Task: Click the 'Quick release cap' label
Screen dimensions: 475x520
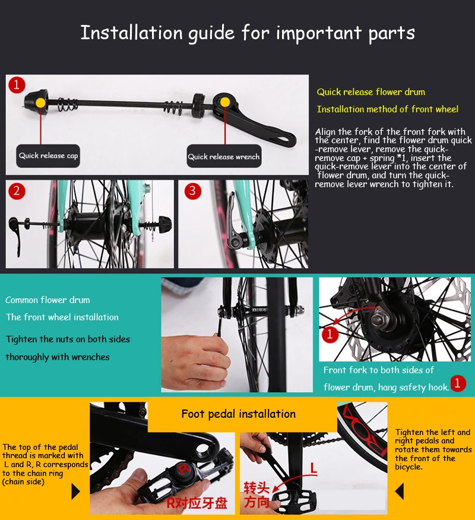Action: click(x=48, y=156)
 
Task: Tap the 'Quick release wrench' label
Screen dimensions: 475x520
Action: click(x=224, y=157)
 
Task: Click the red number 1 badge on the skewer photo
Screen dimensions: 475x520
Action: click(x=17, y=84)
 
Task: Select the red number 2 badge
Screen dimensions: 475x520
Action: click(x=17, y=191)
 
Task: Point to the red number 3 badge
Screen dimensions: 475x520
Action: click(x=193, y=191)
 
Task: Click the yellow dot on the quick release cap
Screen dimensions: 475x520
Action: click(x=40, y=102)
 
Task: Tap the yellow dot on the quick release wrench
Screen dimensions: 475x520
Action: click(x=224, y=102)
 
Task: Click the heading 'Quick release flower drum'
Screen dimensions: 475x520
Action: click(x=370, y=92)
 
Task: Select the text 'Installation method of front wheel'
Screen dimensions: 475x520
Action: click(x=387, y=109)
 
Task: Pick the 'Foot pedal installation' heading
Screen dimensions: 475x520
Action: click(x=238, y=414)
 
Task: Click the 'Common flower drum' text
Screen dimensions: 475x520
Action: click(x=47, y=300)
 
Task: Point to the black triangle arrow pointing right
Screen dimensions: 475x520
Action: click(x=75, y=491)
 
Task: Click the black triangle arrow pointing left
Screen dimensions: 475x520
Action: click(x=400, y=491)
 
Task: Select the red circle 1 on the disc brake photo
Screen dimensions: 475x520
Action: click(x=330, y=335)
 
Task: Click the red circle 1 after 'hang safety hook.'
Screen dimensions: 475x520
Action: click(x=457, y=383)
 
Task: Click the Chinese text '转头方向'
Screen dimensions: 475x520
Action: click(x=257, y=495)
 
